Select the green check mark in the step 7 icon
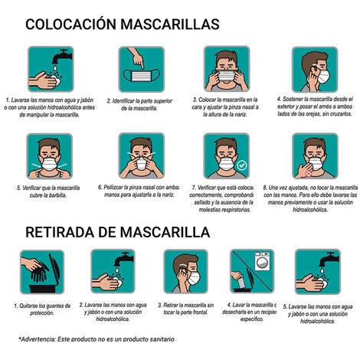tap(241, 165)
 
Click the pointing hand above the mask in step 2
tap(137, 57)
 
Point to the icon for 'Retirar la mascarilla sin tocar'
tap(186, 273)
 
